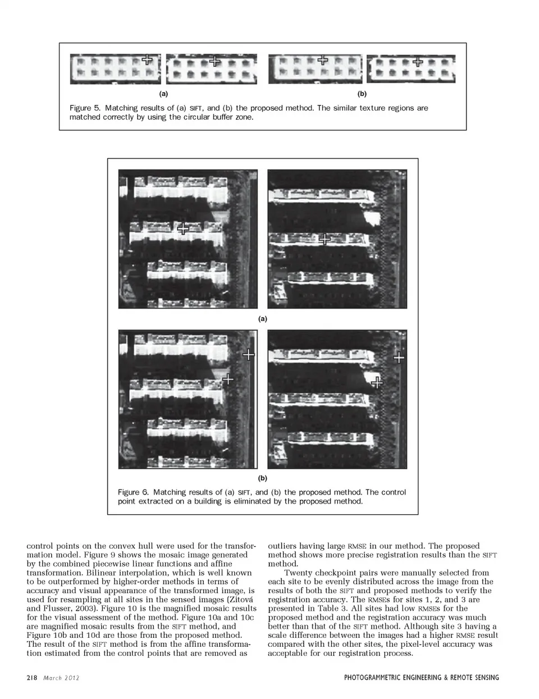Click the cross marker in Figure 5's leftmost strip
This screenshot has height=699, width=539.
(x=147, y=59)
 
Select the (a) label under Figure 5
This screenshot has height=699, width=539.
(x=163, y=94)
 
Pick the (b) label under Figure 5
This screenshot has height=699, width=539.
(x=362, y=94)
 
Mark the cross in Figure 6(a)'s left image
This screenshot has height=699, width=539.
(x=183, y=229)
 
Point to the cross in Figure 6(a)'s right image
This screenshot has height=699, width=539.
(x=325, y=239)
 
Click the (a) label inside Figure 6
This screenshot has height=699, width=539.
(x=262, y=318)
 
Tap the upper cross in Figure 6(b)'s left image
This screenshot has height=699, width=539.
(x=248, y=354)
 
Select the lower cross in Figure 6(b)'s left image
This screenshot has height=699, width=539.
(x=227, y=380)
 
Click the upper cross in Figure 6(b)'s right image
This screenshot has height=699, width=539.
(x=399, y=357)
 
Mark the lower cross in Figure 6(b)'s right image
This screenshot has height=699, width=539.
(x=377, y=382)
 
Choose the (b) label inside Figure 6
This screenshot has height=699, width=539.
(x=262, y=478)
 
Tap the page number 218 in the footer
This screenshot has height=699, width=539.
(x=31, y=678)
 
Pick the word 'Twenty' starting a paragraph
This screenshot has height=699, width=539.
(x=297, y=573)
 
